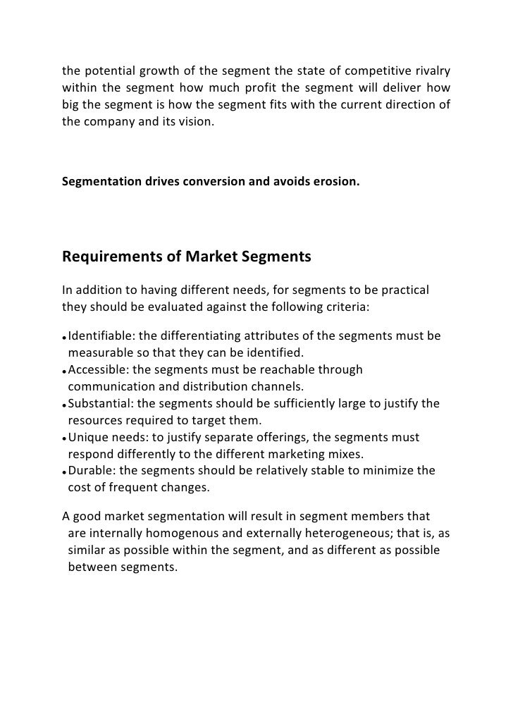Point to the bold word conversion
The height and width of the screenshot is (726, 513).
[216, 182]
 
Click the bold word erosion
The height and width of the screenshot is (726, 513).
[335, 182]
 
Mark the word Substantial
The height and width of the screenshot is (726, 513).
[99, 404]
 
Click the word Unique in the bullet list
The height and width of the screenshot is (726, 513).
[88, 438]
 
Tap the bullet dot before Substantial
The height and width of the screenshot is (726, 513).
[64, 405]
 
